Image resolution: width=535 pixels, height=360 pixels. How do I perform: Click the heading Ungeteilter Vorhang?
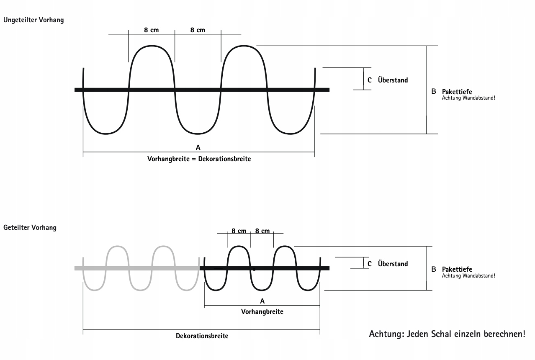click(33, 20)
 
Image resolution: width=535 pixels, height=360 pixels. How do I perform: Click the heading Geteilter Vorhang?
click(30, 228)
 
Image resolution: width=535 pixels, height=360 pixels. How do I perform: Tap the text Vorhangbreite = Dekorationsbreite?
click(199, 159)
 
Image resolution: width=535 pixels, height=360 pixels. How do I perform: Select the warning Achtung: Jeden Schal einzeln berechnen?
click(447, 334)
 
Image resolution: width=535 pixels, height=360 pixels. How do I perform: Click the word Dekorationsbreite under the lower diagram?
click(202, 336)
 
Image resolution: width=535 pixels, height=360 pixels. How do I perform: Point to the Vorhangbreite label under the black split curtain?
click(262, 312)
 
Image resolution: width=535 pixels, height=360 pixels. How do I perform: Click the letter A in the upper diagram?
click(198, 147)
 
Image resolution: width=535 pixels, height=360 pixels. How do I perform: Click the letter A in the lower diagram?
click(262, 301)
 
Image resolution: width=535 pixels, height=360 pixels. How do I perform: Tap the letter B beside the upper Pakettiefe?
click(434, 91)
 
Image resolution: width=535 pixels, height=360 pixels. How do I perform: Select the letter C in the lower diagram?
click(369, 264)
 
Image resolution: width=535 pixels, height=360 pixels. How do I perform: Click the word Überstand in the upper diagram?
click(393, 80)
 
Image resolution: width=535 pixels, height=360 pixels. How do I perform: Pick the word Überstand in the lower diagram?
click(393, 264)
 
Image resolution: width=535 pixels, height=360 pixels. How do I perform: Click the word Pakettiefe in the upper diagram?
click(457, 92)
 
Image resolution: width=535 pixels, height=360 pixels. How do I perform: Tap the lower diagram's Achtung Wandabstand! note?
click(468, 276)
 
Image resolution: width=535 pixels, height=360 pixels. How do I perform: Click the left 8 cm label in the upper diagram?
click(152, 30)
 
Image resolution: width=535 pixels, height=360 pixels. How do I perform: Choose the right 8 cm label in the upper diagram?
click(198, 30)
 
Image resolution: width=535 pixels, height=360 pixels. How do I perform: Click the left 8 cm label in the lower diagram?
click(239, 231)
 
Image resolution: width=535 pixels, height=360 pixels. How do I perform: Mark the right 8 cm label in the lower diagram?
click(262, 231)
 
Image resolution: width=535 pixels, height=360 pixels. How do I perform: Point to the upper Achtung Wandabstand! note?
click(468, 98)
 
